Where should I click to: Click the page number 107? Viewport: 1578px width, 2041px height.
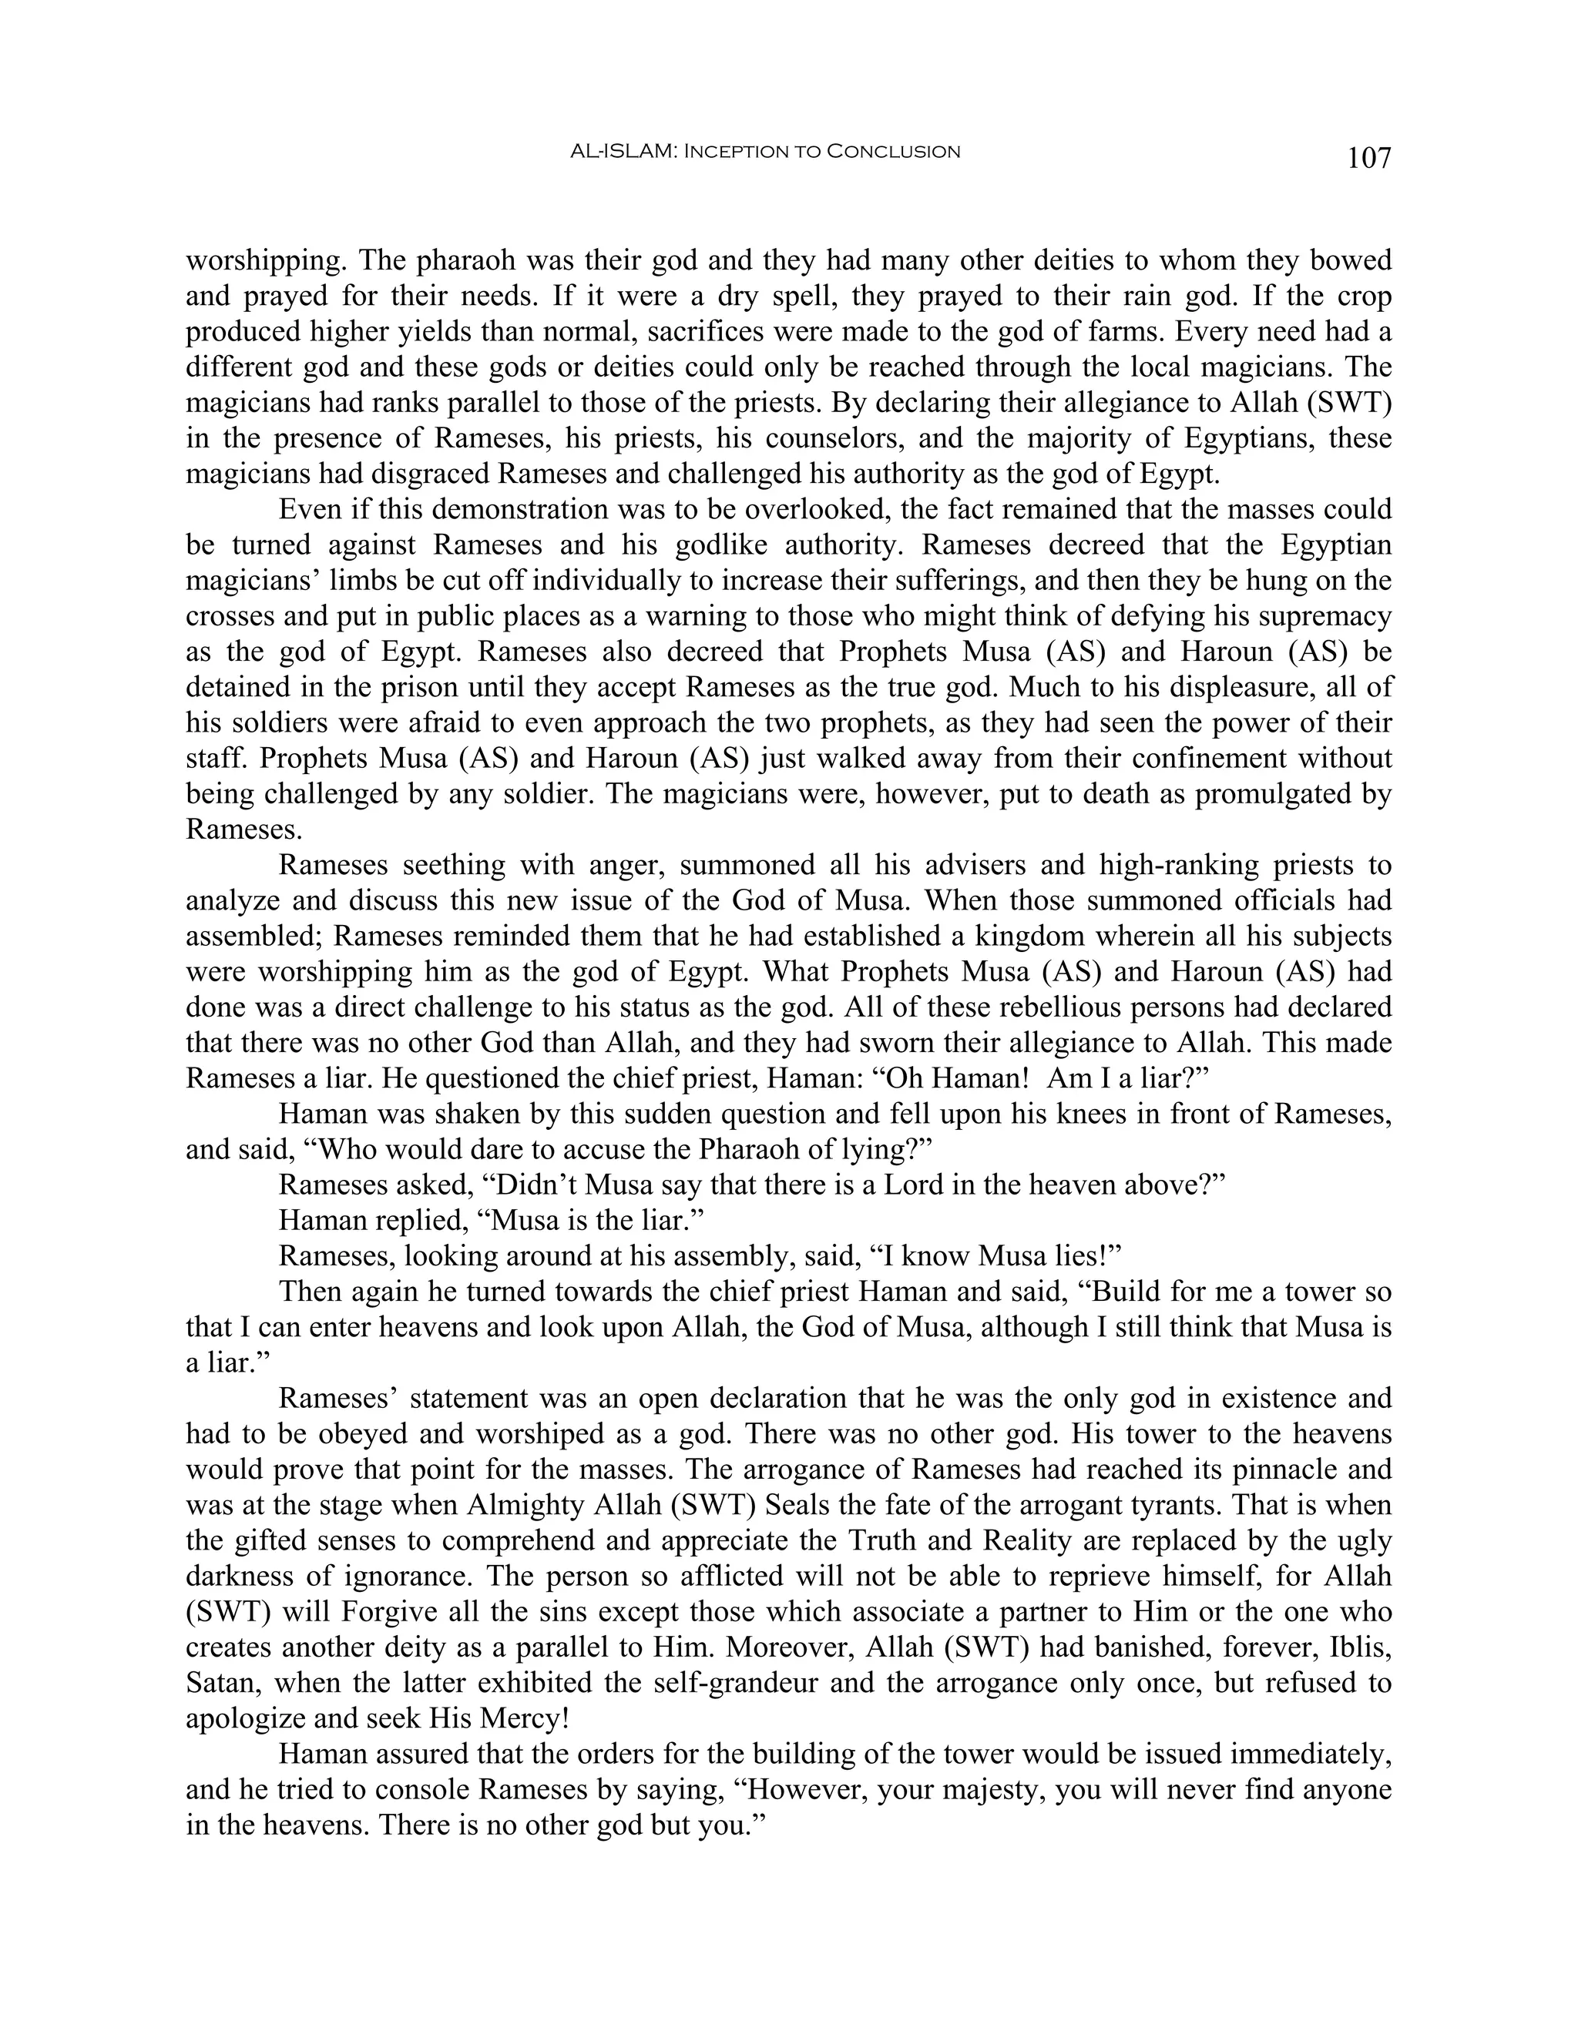(1368, 158)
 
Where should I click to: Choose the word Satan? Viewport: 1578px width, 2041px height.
(223, 1682)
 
